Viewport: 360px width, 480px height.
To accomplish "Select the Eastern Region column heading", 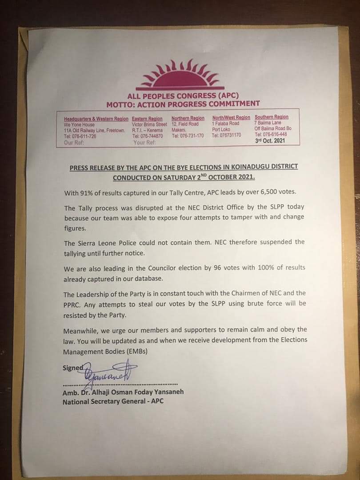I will (147, 119).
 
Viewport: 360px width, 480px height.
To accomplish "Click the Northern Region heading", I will (188, 118).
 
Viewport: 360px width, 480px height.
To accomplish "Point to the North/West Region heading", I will (231, 117).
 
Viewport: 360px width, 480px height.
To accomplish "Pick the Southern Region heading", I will (272, 117).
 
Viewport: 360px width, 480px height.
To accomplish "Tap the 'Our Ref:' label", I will (74, 143).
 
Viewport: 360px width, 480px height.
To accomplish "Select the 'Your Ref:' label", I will (144, 143).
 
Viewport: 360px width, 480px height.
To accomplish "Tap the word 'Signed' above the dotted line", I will (72, 368).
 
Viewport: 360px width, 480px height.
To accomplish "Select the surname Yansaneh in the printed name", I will (167, 392).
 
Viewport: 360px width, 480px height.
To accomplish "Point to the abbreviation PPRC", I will (72, 304).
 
